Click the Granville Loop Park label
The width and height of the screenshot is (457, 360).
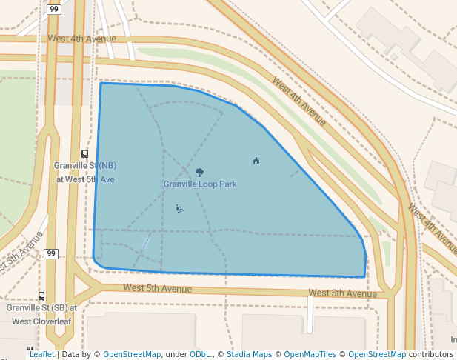(200, 184)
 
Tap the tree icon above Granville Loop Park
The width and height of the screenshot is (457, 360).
(199, 172)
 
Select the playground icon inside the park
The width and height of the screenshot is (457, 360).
(179, 208)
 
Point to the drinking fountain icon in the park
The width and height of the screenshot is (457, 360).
(256, 161)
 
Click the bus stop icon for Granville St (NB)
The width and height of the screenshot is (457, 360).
(85, 154)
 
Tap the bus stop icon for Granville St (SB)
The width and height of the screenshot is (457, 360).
(41, 296)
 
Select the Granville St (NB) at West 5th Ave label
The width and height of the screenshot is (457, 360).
(86, 172)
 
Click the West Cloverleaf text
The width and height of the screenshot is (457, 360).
(41, 321)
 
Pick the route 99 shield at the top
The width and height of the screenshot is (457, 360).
(54, 10)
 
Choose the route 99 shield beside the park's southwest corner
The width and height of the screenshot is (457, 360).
(50, 254)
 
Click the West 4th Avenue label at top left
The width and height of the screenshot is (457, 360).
(82, 39)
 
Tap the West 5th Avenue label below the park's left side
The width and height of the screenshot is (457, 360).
(157, 288)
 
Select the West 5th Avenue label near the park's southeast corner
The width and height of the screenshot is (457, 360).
(342, 293)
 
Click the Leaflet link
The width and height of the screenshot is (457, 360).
(41, 354)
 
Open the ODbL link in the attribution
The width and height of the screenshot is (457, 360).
(200, 354)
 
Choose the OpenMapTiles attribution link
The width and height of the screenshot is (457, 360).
(310, 354)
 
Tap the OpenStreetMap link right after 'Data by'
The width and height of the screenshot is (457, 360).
(132, 354)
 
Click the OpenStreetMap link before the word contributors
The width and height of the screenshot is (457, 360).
(377, 354)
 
